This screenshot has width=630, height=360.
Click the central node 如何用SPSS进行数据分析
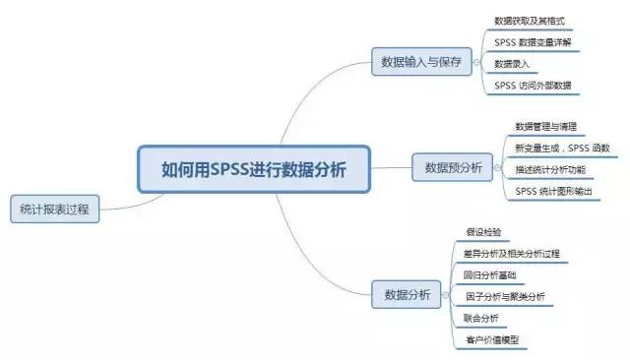click(x=253, y=168)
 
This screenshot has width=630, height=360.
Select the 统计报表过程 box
click(x=54, y=209)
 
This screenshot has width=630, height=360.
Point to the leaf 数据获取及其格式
click(x=530, y=20)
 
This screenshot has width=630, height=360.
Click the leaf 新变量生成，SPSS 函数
click(x=562, y=148)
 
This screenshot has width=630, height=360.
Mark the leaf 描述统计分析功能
click(x=550, y=169)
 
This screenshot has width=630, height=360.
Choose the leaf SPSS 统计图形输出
click(x=554, y=191)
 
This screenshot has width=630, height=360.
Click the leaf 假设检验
click(x=483, y=232)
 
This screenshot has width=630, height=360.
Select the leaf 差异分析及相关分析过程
click(x=511, y=254)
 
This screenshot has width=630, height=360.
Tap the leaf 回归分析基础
click(x=489, y=275)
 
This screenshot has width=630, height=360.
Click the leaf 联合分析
click(x=481, y=319)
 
